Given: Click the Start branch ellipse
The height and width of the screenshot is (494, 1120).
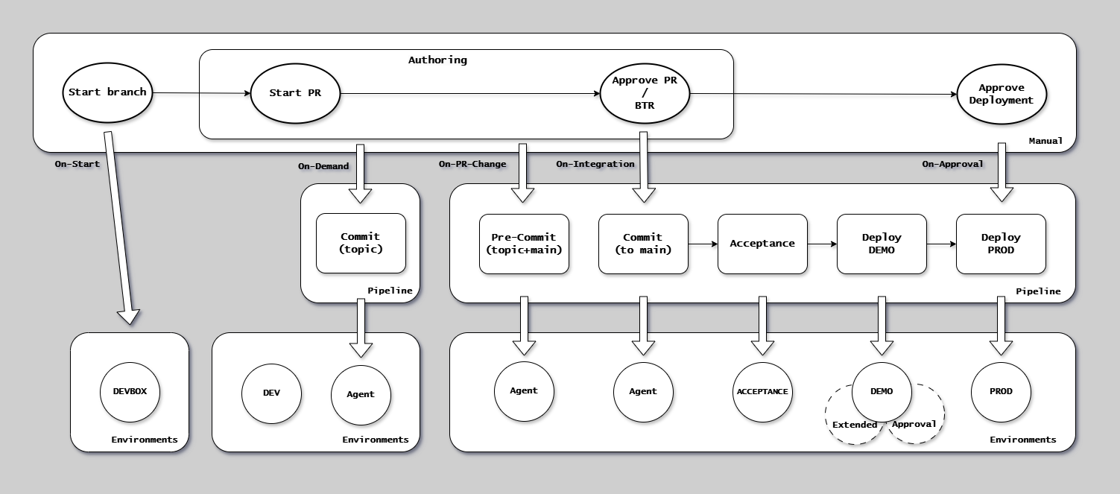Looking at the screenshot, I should coord(107,93).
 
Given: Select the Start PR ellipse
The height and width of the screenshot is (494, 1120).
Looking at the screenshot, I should coord(295,93).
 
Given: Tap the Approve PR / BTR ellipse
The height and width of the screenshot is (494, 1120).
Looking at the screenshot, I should coord(645,93).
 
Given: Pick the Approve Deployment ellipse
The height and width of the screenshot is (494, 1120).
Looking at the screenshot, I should coord(1002,94).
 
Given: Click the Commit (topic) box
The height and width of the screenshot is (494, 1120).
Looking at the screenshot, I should coord(361,243).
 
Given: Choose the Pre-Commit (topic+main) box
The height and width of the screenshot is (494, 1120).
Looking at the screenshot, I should coord(524,244).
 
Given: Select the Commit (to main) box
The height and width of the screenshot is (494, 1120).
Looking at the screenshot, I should coord(643,244).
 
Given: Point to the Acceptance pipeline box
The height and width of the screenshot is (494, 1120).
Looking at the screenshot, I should coord(762,244).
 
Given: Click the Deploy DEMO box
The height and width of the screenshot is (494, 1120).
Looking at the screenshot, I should coord(882,244).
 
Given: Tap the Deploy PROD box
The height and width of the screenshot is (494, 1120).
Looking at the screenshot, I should coord(1001,244).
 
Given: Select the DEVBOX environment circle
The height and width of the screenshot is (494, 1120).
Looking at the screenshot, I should coord(130,391).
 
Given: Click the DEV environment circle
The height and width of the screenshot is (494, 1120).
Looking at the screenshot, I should coord(271,393).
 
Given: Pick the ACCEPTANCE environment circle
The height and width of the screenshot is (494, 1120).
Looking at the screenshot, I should coord(762,392).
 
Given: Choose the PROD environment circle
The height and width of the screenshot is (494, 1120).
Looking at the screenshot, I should coord(1001,391).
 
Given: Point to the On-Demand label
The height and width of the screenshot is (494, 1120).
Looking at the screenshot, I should coord(323,166).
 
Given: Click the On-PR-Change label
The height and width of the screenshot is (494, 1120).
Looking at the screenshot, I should coord(472,164).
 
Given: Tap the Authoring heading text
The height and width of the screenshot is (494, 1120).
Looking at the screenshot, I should coord(437,60).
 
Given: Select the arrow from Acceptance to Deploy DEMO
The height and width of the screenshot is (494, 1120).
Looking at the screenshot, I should coord(822,244).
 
